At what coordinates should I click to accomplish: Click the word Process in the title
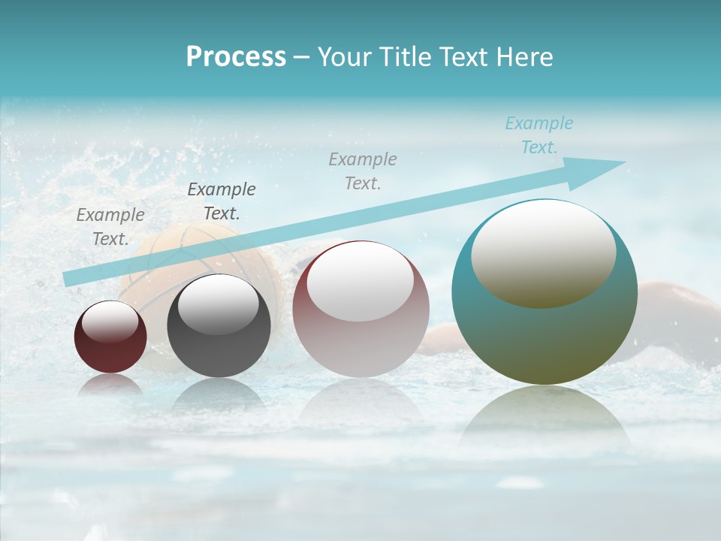click(236, 56)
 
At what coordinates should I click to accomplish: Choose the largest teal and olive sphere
click(545, 338)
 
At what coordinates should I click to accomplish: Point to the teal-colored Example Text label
click(539, 135)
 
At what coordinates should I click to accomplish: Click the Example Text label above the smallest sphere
click(110, 227)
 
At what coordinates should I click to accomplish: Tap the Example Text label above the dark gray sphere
click(222, 201)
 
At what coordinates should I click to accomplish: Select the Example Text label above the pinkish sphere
click(363, 171)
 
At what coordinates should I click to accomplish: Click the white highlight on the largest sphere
click(544, 252)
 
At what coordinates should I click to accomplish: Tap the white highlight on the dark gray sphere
click(219, 303)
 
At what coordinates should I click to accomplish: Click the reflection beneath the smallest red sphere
click(110, 385)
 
